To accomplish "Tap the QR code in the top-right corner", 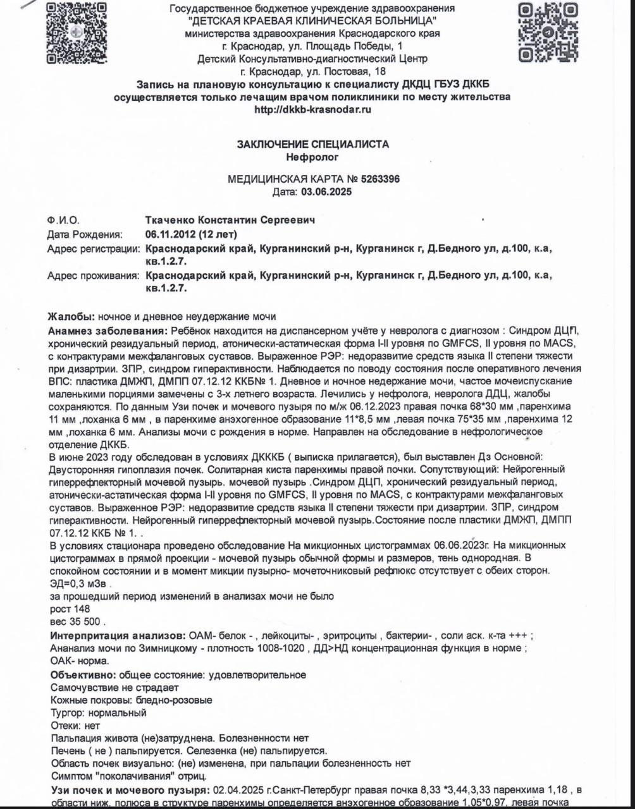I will (x=548, y=32).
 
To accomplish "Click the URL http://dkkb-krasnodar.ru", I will (x=312, y=109).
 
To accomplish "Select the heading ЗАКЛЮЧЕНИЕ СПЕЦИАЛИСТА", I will (x=312, y=144).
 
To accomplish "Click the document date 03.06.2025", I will (x=326, y=192).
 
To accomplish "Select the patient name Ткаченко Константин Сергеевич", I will (x=230, y=220).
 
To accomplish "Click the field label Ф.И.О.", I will (x=63, y=220).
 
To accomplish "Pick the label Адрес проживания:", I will (x=93, y=276).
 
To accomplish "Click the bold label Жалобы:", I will (x=71, y=317).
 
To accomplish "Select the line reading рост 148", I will (x=70, y=609).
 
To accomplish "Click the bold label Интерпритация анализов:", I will (x=118, y=635).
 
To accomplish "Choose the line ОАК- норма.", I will (x=79, y=661).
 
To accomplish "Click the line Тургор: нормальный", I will (x=98, y=713).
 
